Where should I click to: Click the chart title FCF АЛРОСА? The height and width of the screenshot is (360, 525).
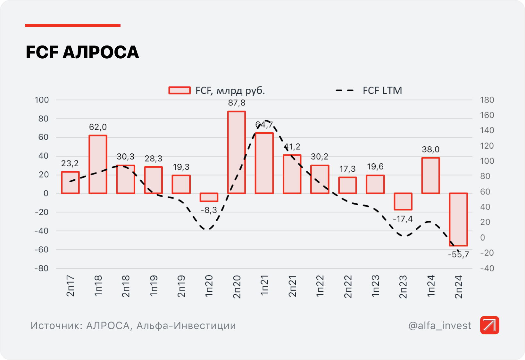click(82, 53)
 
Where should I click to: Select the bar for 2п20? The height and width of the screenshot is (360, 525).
click(237, 152)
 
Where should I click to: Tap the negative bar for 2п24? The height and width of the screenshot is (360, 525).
click(458, 219)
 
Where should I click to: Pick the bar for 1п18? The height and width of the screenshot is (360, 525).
click(98, 164)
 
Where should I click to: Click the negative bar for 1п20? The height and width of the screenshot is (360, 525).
click(209, 197)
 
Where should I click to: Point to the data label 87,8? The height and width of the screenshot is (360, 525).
click(237, 103)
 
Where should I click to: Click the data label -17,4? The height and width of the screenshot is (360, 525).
click(403, 219)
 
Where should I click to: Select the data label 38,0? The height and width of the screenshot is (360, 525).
click(430, 150)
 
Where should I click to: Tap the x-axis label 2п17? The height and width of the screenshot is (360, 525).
click(70, 286)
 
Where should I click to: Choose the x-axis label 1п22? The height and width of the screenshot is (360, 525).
click(320, 286)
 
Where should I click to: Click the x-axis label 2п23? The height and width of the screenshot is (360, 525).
click(403, 286)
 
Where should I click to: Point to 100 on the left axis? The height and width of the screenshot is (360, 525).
click(42, 100)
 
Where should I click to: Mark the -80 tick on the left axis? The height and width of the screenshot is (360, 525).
click(42, 268)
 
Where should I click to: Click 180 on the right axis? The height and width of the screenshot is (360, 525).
click(487, 100)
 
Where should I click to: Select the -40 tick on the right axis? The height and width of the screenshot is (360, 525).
click(487, 268)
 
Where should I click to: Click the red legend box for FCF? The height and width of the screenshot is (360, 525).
click(179, 91)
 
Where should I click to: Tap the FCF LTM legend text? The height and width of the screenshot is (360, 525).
click(382, 91)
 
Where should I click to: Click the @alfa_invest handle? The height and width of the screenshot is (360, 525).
click(440, 325)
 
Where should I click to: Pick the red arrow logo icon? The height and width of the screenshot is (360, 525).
click(489, 325)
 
